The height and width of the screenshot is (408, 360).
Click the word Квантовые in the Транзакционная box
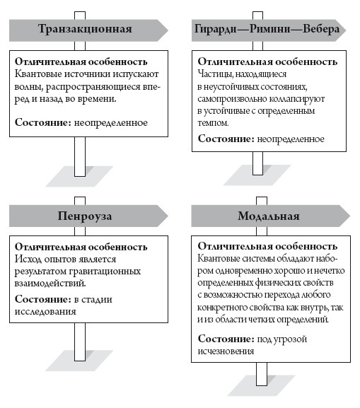pos(37,75)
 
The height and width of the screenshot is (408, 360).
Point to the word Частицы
pos(219,74)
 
